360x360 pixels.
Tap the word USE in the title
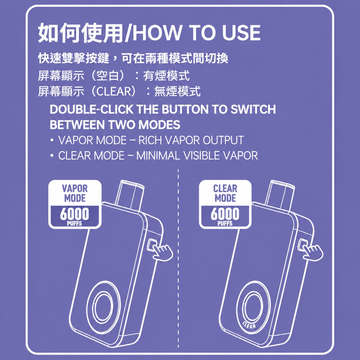pos(241,33)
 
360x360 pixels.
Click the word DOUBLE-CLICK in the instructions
pos(92,109)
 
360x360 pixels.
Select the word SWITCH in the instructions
pos(253,109)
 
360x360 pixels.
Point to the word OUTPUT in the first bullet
pos(223,140)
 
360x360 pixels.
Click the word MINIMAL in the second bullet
pos(158,156)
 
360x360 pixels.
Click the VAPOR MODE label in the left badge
pos(75,193)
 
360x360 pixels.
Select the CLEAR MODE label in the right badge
pos(225,193)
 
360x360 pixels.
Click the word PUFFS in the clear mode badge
pos(225,224)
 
